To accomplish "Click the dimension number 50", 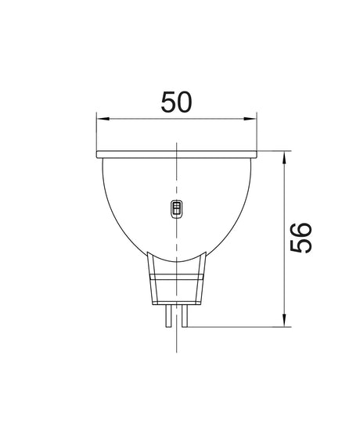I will click(x=176, y=103).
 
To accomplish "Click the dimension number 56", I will click(x=302, y=237).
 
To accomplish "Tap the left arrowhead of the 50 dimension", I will click(x=101, y=120).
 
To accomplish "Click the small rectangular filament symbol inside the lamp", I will click(x=176, y=209).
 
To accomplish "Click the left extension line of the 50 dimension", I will click(x=95, y=133).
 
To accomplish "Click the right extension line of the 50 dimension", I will click(x=258, y=133).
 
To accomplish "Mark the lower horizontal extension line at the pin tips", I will click(x=235, y=326).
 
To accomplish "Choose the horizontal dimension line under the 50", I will click(x=141, y=120).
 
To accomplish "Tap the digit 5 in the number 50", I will click(x=166, y=103).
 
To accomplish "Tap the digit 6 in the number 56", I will click(x=302, y=228).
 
